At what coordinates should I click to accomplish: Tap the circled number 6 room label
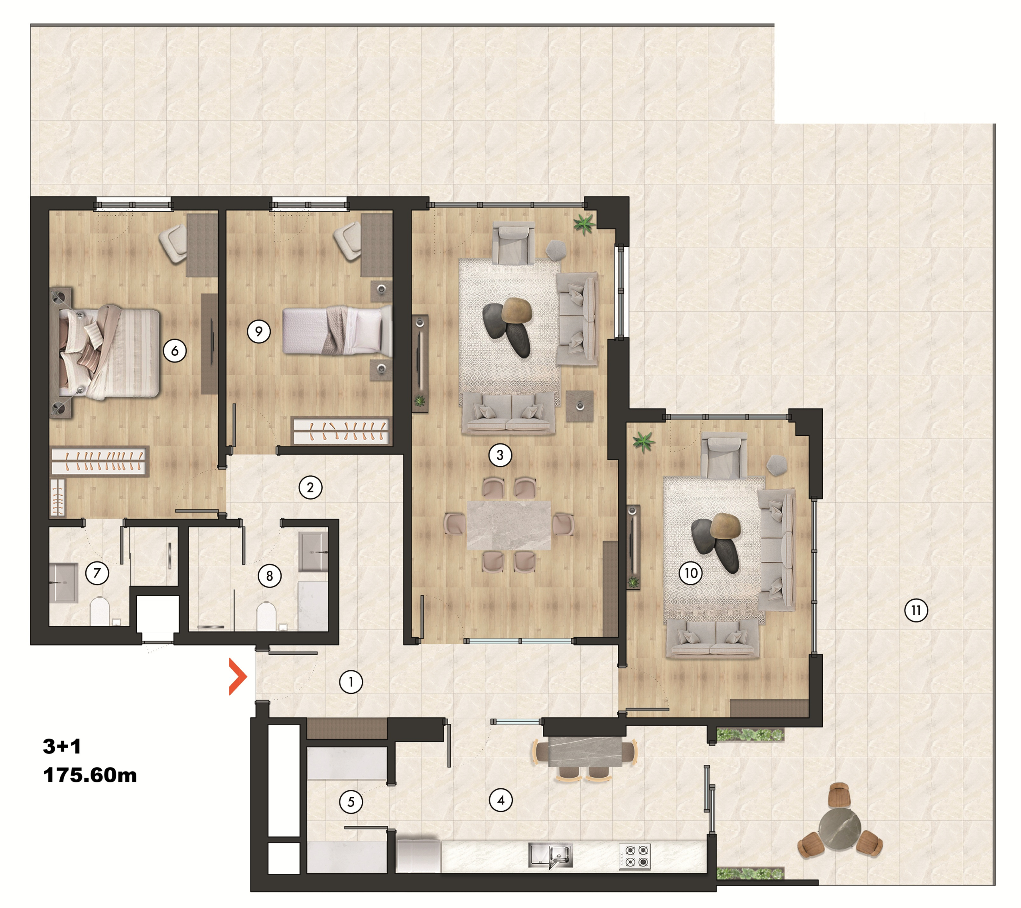pos(175,351)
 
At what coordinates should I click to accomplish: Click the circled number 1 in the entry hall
pos(351,682)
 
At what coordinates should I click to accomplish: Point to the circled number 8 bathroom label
pos(270,576)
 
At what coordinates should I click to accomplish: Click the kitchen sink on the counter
pos(550,855)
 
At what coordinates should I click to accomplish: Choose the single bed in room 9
pos(337,331)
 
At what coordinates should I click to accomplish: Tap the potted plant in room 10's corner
pos(643,441)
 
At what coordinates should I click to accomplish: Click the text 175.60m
pos(90,775)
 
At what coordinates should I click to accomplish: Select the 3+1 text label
pos(62,746)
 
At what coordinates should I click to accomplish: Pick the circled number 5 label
pos(351,802)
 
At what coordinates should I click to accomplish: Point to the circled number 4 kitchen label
pos(501,800)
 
